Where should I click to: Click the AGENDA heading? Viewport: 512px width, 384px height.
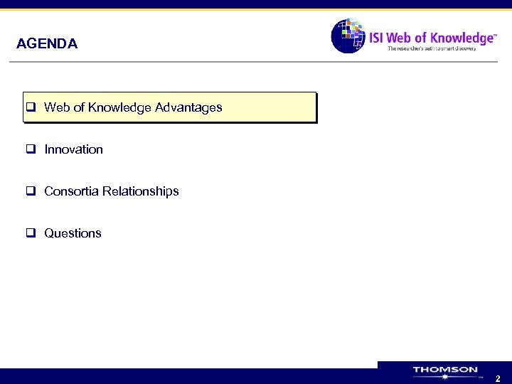47,44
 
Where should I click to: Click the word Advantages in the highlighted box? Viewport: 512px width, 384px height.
188,107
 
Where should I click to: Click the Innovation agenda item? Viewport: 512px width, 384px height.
73,149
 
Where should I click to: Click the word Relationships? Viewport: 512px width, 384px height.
141,191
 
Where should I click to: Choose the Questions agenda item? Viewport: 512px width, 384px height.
73,233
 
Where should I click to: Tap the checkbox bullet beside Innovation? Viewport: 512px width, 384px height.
31,149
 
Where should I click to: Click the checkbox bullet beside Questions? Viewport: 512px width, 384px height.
31,233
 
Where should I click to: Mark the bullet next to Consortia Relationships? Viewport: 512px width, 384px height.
31,191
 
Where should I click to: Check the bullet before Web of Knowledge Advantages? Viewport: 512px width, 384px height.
31,108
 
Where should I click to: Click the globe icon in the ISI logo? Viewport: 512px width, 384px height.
348,36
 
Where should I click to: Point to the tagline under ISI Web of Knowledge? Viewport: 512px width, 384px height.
440,49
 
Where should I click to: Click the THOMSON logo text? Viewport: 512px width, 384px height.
445,370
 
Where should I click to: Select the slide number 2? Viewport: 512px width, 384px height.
498,379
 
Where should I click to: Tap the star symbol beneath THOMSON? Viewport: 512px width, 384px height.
445,378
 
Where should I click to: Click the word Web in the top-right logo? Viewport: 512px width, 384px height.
403,37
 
